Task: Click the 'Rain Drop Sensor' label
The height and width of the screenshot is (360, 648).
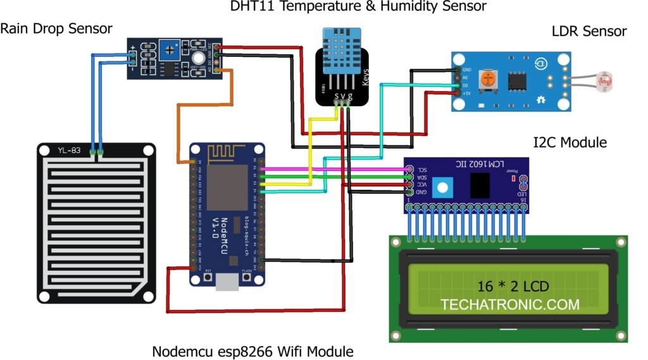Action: point(56,28)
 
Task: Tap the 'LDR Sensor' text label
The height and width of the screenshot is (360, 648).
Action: point(589,31)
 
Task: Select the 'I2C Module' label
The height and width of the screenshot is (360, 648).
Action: point(570,142)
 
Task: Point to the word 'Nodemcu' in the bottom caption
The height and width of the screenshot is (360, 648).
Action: point(184,351)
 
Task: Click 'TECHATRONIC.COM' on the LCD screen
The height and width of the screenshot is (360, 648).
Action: point(509,304)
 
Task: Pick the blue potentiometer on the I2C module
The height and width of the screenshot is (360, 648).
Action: point(445,186)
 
